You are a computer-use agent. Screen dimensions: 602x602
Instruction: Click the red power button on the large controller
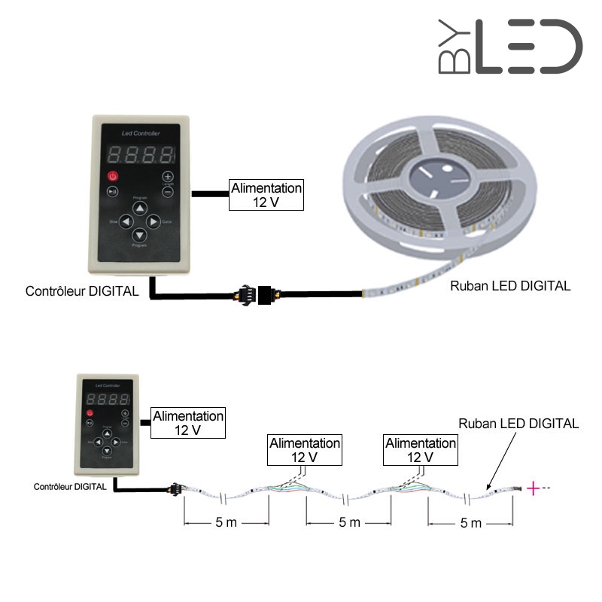tap(112, 176)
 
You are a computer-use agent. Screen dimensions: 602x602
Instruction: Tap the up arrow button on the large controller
tap(139, 207)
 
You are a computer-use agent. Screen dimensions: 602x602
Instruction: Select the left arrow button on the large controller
tap(126, 222)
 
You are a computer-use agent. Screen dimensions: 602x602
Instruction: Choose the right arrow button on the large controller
tap(153, 222)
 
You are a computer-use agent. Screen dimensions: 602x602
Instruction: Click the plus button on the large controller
tap(168, 176)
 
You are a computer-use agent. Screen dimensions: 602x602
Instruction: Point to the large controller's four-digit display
tap(140, 154)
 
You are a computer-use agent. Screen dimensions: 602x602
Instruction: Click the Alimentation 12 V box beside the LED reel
tap(266, 194)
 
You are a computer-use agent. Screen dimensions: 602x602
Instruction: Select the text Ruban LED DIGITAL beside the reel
tap(509, 286)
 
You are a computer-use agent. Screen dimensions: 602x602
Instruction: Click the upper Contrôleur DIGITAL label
tap(82, 291)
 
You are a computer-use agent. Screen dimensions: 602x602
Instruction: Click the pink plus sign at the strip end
tap(533, 489)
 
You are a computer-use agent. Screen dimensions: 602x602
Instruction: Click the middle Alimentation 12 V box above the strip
tap(305, 450)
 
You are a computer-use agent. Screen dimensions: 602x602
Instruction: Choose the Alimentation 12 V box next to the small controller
tap(187, 423)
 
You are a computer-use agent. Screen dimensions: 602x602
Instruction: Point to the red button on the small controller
tap(89, 413)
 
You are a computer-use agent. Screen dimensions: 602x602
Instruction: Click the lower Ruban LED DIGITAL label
tap(518, 424)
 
